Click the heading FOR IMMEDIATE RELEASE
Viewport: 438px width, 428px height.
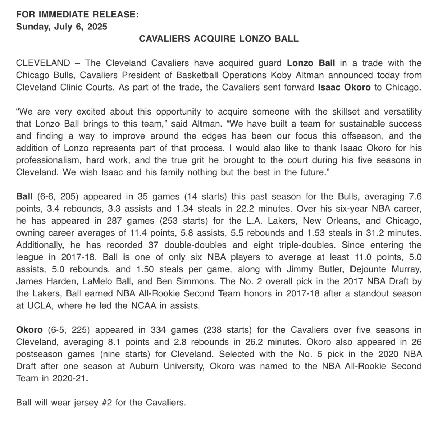(77, 15)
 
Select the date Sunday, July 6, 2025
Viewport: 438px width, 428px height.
(62, 27)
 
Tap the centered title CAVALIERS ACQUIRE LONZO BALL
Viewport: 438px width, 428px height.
(219, 39)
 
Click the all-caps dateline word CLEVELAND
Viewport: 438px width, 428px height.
(43, 63)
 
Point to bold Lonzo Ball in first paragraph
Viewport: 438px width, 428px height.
(311, 63)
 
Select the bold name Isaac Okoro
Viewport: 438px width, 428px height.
(344, 88)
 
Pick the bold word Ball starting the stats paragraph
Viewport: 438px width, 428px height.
(24, 197)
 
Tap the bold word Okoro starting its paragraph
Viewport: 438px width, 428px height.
(29, 330)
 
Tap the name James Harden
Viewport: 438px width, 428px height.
(41, 282)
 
